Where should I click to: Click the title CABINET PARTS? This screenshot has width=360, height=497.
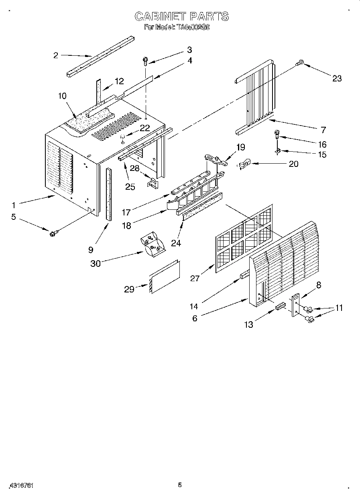[181, 16]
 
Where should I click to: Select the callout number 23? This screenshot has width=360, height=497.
[337, 78]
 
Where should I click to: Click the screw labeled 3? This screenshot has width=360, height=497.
[145, 61]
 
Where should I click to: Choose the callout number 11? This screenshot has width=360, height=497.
[339, 308]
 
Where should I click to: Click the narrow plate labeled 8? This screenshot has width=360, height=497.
[296, 305]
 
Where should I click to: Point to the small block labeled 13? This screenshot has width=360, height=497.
[280, 307]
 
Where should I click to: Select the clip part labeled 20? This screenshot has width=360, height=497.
[244, 164]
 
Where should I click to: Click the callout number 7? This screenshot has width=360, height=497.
[323, 130]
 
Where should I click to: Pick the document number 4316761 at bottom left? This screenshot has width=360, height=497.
[20, 485]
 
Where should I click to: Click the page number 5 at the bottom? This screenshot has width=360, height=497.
[180, 485]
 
